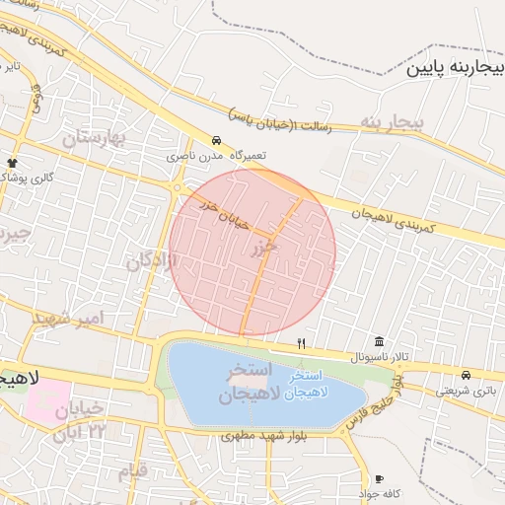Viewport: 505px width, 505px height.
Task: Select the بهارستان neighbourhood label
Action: click(x=95, y=139)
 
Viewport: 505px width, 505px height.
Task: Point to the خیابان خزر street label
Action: click(x=222, y=212)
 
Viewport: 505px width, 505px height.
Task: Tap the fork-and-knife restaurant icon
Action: click(x=302, y=343)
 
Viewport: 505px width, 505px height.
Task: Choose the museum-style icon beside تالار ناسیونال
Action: click(x=379, y=341)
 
